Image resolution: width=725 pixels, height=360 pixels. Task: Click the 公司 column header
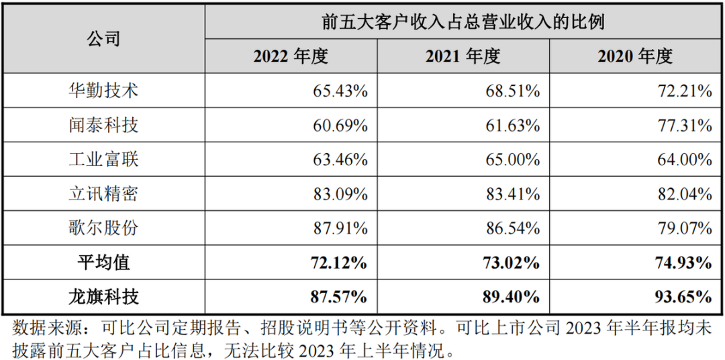coord(103,39)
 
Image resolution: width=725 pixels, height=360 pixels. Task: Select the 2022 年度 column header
coord(290,56)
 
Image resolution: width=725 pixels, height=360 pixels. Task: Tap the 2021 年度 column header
coord(463,56)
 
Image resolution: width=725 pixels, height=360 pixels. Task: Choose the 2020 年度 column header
coord(635,56)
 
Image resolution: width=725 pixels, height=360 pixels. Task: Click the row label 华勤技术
coord(103,91)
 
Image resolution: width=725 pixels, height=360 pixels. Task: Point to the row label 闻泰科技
coord(103,125)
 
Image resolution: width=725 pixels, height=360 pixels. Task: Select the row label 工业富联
coord(103,159)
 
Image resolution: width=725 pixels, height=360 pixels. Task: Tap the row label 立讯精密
coord(103,193)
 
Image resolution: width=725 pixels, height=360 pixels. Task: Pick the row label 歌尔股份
coord(103,228)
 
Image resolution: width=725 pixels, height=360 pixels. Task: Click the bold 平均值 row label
coord(103,262)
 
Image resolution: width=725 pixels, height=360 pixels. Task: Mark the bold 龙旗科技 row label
coord(103,296)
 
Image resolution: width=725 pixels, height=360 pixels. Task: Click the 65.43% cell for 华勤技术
coord(340,91)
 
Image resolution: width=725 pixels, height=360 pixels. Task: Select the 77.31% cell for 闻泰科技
coord(685,125)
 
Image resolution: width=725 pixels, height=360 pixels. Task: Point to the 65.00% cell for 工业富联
coord(512,159)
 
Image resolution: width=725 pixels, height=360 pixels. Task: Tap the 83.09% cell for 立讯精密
coord(340,193)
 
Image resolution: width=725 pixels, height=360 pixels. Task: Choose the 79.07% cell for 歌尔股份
coord(685,228)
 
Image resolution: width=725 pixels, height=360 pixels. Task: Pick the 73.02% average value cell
coord(512,262)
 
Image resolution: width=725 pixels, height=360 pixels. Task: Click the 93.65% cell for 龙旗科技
coord(685,296)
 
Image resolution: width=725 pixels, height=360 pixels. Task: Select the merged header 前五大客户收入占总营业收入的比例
coord(463,22)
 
